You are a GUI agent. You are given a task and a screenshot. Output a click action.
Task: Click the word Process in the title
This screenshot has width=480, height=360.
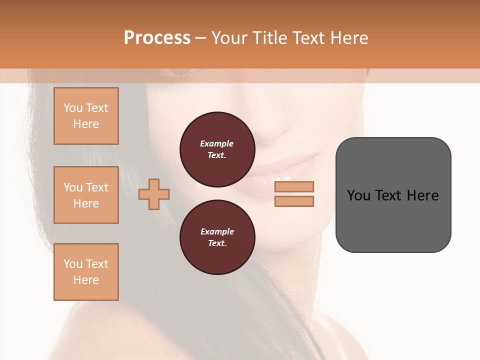tap(157, 38)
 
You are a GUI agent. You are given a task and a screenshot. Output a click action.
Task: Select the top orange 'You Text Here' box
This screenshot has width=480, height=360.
tap(86, 116)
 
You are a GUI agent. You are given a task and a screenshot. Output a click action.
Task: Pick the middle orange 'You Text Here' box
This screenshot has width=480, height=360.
tap(86, 195)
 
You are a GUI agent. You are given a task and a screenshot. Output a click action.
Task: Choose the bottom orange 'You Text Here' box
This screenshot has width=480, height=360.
tap(86, 272)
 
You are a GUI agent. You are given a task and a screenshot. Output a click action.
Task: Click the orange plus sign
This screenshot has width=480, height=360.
tap(154, 194)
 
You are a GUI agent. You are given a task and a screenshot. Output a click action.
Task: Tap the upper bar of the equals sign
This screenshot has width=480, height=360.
tap(294, 186)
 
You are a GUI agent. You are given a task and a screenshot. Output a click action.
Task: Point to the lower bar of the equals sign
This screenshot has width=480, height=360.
tap(294, 201)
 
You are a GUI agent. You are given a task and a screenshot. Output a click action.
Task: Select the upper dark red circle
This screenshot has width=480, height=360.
tap(217, 149)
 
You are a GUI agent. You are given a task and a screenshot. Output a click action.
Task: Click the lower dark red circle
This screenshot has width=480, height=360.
tap(217, 237)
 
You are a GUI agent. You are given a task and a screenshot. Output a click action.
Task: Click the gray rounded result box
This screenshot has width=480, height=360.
tap(393, 195)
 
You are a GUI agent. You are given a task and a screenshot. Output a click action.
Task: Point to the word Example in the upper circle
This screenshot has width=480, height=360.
tap(217, 143)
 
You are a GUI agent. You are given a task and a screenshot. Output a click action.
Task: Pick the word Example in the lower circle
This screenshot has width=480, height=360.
tap(217, 231)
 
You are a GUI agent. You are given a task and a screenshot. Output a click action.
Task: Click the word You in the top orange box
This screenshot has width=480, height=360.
tap(73, 108)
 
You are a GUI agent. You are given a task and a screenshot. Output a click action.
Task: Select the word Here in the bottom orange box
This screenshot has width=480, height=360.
tap(86, 280)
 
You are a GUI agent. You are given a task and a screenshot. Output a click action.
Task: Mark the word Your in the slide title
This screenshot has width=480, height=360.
tap(229, 38)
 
